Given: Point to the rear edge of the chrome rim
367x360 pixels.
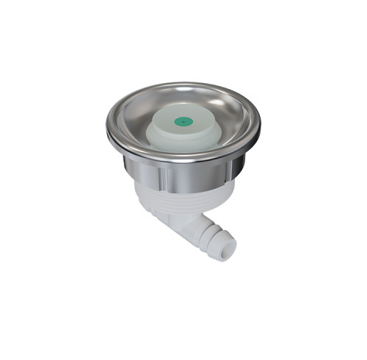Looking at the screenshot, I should point(183,84).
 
